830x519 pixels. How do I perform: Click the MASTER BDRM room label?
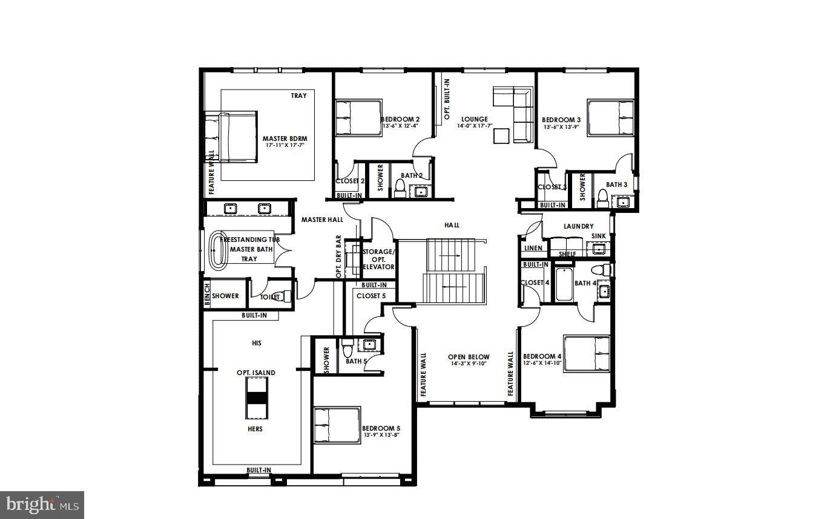tap(283, 139)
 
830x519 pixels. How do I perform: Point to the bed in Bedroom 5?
tap(337, 426)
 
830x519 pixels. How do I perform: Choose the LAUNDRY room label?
tap(578, 226)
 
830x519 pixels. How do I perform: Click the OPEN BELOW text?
tap(469, 357)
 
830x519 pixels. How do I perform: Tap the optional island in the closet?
tap(256, 397)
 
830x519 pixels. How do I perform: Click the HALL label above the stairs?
tap(452, 225)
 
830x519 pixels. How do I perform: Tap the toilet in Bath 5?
tap(347, 349)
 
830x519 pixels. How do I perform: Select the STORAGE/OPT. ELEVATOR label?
tap(378, 259)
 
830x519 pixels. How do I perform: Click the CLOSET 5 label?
tap(371, 296)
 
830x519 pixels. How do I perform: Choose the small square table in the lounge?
tap(500, 137)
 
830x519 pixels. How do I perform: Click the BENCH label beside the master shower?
tap(207, 295)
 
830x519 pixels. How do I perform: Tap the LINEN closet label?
tap(533, 248)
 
